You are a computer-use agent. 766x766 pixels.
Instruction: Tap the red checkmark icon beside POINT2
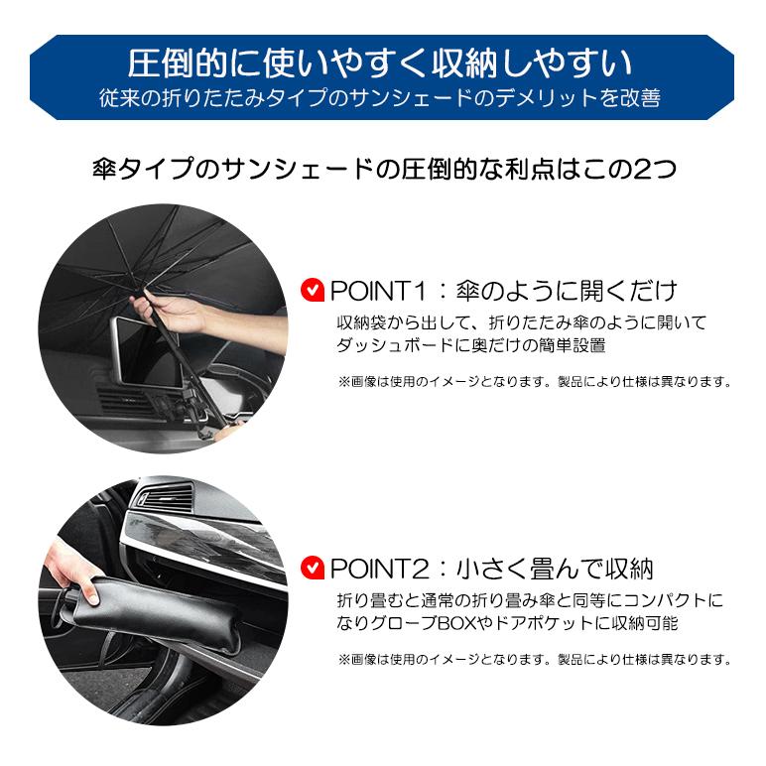pos(312,569)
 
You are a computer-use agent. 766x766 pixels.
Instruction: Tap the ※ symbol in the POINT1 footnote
pos(343,381)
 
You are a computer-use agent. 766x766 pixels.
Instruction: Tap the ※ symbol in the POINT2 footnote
pos(343,659)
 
